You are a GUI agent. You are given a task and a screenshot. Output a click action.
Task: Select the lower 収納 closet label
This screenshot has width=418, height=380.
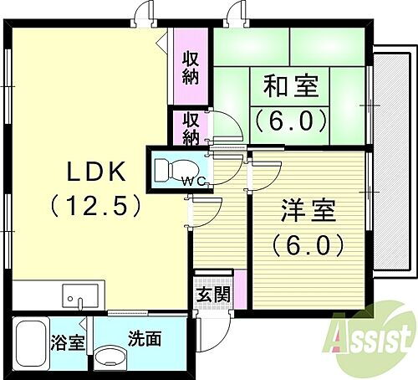191,126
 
